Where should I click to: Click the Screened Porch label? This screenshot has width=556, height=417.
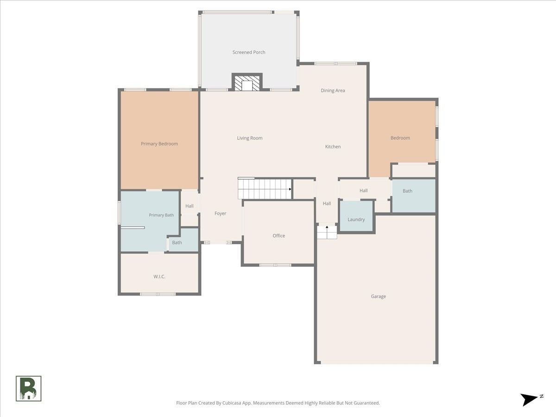249,52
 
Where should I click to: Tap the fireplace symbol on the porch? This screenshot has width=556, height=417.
247,82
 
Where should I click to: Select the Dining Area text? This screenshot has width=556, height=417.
333,90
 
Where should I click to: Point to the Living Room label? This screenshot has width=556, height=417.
249,138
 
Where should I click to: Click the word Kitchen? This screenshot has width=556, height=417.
333,146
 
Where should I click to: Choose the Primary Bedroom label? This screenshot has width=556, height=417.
159,144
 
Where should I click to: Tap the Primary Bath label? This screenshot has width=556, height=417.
161,215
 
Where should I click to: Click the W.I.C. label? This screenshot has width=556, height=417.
159,277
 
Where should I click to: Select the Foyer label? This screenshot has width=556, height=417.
220,214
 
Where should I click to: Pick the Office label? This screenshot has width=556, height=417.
278,236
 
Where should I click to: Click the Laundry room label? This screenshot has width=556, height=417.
356,220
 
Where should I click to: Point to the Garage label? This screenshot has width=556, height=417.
378,296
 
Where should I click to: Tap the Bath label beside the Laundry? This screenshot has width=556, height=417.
407,191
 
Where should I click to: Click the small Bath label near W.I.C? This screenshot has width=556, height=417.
177,242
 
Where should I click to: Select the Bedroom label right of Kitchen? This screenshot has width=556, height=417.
400,138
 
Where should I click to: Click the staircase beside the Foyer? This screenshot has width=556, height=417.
265,189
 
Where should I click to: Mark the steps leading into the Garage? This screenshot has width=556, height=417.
327,232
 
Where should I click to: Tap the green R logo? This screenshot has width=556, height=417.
28,389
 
